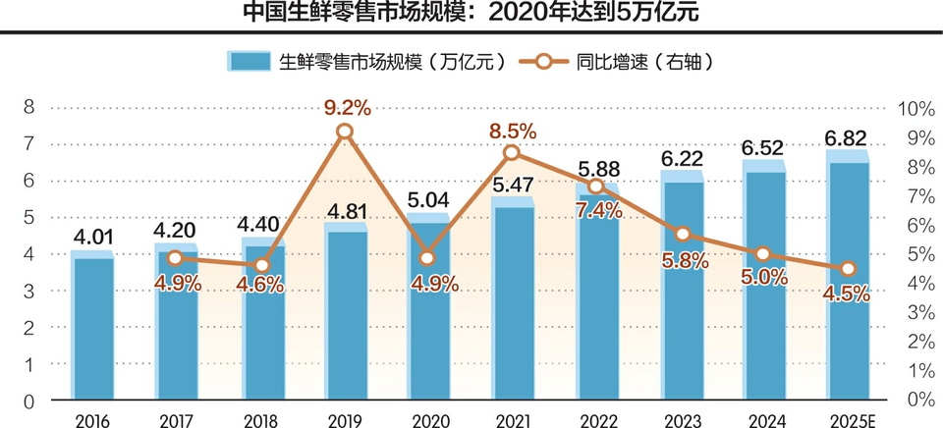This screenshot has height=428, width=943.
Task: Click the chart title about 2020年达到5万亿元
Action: point(471,14)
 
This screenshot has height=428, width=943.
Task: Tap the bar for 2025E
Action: point(848,280)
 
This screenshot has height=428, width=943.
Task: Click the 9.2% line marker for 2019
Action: point(345,132)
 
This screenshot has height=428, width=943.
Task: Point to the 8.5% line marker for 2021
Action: point(512,152)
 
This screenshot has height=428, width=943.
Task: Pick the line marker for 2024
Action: point(763,254)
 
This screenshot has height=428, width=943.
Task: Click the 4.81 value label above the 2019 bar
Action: point(344,209)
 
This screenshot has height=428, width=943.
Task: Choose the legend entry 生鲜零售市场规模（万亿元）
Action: point(367,62)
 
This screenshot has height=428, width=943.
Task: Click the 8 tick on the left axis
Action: point(29,106)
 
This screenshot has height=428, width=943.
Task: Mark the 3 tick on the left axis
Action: point(29,292)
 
